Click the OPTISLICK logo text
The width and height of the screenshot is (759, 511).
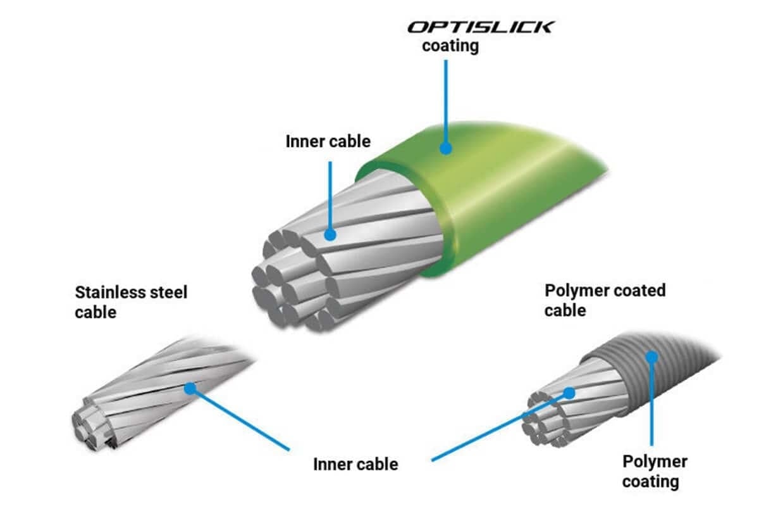coord(481,27)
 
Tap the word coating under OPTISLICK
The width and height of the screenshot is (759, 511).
coord(450,46)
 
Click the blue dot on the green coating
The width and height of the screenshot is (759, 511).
coord(445,148)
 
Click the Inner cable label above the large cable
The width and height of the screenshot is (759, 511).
coord(328,141)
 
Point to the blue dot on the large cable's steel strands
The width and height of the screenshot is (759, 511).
coord(330,234)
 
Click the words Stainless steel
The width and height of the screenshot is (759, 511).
coord(131,292)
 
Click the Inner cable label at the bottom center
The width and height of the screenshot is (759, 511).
coord(355,464)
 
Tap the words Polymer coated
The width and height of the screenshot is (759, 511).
coord(605,291)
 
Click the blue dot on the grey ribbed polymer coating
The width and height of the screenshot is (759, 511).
coord(651,357)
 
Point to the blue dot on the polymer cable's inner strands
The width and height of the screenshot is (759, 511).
coord(570,393)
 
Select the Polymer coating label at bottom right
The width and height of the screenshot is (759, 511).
coord(655,472)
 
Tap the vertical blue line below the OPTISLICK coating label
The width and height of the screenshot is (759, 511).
coord(445,104)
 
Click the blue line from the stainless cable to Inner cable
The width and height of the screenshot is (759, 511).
coord(240,419)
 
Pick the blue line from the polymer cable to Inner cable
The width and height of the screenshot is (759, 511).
coord(500,427)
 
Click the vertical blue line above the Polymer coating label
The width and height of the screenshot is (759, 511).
coord(651,401)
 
